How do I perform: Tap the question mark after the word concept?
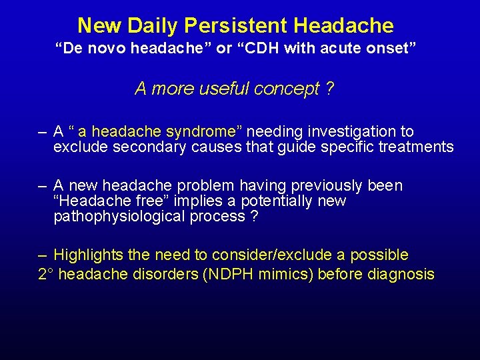[x=330, y=88]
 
